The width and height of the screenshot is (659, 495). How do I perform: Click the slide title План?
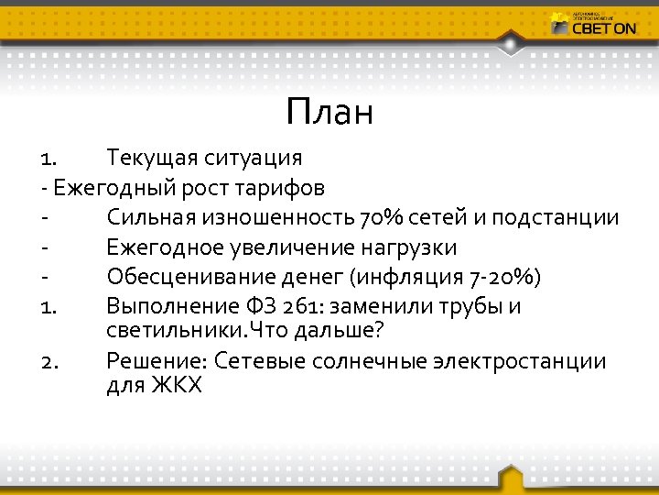point(329,113)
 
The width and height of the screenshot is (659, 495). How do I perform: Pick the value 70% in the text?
point(383,218)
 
